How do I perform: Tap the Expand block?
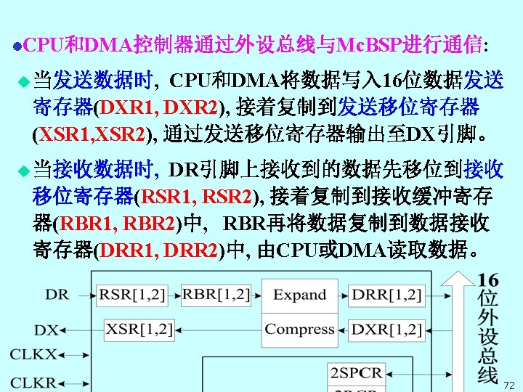click(x=299, y=295)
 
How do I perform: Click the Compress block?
click(x=299, y=329)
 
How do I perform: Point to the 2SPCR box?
click(x=356, y=373)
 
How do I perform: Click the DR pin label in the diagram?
click(x=57, y=295)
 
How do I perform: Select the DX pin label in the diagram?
click(x=46, y=330)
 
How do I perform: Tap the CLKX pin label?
click(x=33, y=355)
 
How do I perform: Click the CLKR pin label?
click(x=33, y=382)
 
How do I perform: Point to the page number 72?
click(x=508, y=385)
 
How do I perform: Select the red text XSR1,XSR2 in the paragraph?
click(x=92, y=134)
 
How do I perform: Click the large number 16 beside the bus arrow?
click(x=488, y=279)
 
